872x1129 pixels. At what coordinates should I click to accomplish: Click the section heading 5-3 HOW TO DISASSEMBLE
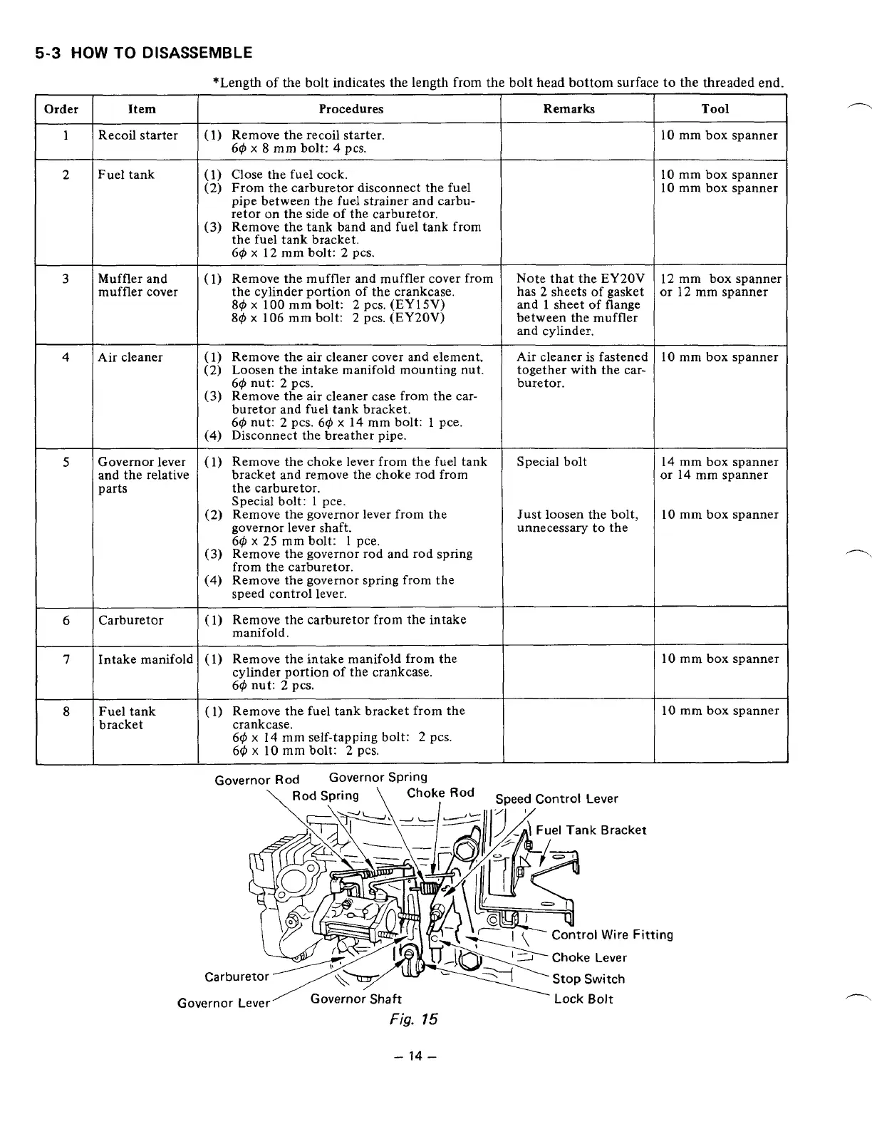[144, 53]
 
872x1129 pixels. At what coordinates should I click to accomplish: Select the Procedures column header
[351, 109]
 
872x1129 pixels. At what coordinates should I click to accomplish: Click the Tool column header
[715, 109]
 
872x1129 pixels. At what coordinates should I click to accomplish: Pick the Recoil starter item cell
[138, 135]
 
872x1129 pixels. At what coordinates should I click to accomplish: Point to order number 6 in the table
[66, 620]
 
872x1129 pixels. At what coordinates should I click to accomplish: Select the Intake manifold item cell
[145, 659]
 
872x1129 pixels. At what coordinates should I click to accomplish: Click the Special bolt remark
[552, 462]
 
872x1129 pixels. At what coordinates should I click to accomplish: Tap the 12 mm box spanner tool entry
[721, 279]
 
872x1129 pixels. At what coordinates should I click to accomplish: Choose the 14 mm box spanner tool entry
[720, 462]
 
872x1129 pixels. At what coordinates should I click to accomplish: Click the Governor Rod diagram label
[257, 780]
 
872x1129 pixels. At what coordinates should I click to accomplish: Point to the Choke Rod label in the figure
[440, 793]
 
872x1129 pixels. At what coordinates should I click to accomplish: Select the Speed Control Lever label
[556, 799]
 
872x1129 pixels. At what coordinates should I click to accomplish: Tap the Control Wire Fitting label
[612, 934]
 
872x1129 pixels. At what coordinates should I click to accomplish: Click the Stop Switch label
[588, 979]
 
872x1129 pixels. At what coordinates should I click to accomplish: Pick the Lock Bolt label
[583, 999]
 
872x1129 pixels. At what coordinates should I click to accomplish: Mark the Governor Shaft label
[355, 999]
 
